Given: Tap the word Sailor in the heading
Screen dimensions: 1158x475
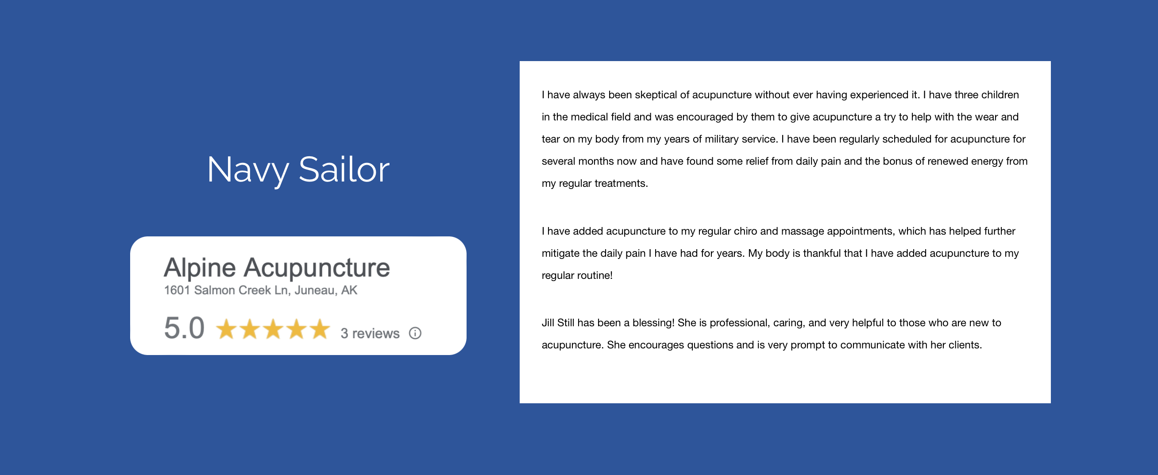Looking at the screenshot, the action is (x=344, y=170).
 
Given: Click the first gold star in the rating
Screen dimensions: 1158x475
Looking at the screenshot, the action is (x=226, y=329).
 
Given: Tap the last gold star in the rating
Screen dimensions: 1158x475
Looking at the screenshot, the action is (x=320, y=329).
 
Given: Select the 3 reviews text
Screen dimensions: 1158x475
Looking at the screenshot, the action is (x=370, y=333).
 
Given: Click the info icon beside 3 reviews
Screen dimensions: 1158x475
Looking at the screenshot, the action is (x=415, y=333).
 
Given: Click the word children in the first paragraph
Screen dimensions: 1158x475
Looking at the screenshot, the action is (x=1000, y=95).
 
